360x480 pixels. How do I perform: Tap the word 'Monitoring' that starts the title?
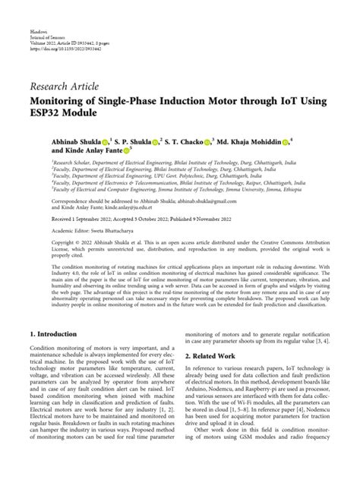tap(63, 99)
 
